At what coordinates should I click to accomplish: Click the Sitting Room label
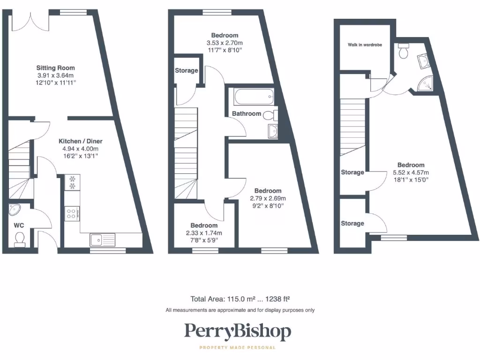click(x=56, y=68)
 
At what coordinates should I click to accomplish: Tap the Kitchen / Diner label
click(x=80, y=141)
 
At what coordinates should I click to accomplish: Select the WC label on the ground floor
click(x=19, y=225)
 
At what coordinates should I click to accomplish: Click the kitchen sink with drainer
click(x=103, y=240)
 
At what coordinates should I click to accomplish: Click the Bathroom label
click(x=247, y=114)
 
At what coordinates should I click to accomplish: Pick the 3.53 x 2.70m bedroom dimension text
click(x=224, y=43)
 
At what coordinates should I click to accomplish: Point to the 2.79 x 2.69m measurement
click(x=268, y=198)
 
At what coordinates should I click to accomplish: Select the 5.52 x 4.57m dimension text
click(x=411, y=172)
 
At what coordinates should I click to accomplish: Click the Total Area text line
click(x=242, y=299)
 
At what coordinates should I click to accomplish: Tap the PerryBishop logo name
click(x=237, y=332)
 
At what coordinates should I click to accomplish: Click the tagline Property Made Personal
click(x=237, y=347)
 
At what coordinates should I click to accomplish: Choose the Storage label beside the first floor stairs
click(x=187, y=71)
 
